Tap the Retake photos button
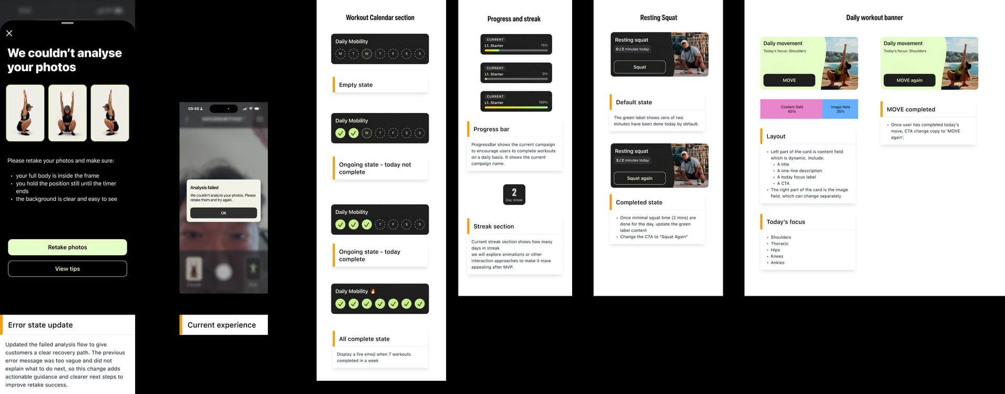click(x=68, y=247)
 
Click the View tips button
click(x=68, y=268)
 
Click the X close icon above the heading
click(x=9, y=33)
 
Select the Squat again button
click(x=639, y=178)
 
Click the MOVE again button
click(x=909, y=80)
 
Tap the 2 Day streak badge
click(x=514, y=194)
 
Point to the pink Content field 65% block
click(x=791, y=109)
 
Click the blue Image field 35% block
click(x=840, y=109)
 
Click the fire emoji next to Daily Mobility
click(x=373, y=291)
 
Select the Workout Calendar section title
click(x=380, y=18)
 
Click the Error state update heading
click(x=40, y=325)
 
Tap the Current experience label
click(x=221, y=325)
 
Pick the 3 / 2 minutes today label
click(x=632, y=160)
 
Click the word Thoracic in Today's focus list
click(x=779, y=244)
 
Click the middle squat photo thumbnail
click(x=68, y=113)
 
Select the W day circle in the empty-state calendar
click(x=366, y=54)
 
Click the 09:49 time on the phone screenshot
click(x=194, y=109)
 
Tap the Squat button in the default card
click(x=639, y=67)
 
